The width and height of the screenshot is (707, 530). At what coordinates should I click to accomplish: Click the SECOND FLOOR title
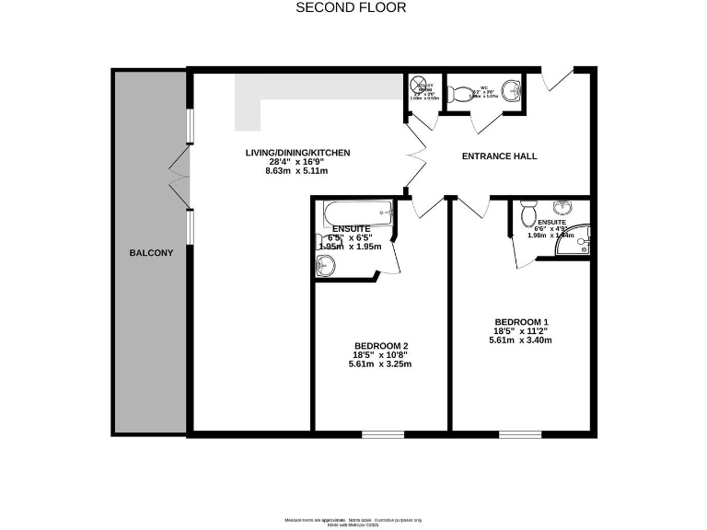[x=351, y=7]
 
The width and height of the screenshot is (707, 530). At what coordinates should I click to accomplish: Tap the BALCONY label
[x=151, y=252]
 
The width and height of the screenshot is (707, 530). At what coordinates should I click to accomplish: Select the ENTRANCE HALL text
[x=499, y=156]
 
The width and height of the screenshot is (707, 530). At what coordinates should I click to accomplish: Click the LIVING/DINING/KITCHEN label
[x=297, y=152]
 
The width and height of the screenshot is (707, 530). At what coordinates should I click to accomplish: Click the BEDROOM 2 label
[x=380, y=345]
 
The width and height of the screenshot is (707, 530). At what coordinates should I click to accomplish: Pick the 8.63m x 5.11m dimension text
[x=297, y=171]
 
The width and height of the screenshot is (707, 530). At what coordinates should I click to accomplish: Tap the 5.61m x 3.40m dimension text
[x=520, y=340]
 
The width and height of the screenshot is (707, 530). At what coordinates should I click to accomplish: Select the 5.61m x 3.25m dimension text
[x=380, y=363]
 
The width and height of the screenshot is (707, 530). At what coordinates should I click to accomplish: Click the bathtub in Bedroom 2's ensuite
[x=355, y=214]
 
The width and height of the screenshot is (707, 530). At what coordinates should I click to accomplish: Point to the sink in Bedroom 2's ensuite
[x=325, y=266]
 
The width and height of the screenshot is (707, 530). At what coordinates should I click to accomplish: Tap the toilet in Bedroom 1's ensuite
[x=528, y=214]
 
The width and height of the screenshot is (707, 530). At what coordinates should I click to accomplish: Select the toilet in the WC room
[x=459, y=93]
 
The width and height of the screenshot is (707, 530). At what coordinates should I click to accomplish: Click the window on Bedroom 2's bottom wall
[x=380, y=433]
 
